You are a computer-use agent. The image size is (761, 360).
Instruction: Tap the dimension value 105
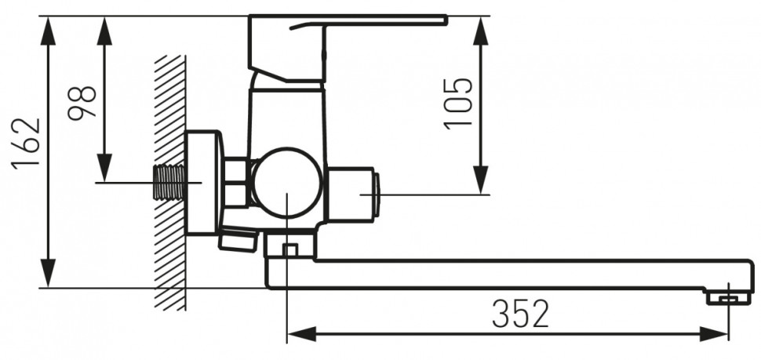(x=459, y=103)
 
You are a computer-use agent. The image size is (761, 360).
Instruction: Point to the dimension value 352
(x=520, y=315)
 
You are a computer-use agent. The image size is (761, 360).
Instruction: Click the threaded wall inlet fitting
(x=169, y=184)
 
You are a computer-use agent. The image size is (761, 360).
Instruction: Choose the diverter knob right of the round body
(x=353, y=194)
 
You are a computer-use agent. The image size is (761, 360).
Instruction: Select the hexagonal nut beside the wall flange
(x=235, y=182)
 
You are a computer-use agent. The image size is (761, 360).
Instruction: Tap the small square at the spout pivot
(x=289, y=250)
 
